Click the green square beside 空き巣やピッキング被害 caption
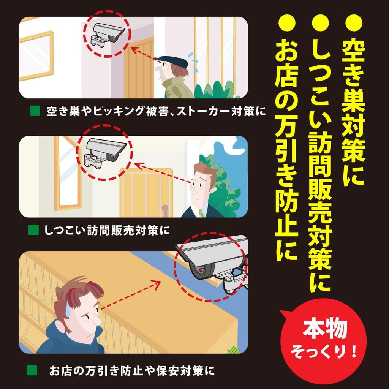(35, 111)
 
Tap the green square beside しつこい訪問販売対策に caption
(33, 230)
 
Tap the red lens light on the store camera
(200, 269)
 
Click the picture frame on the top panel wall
(36, 56)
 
